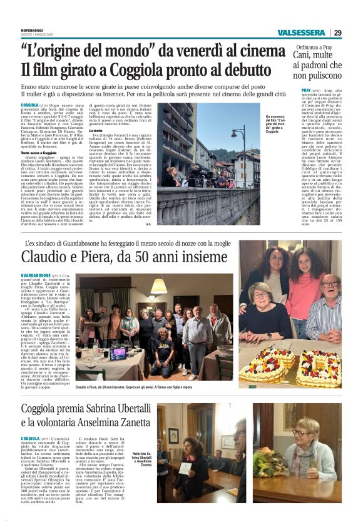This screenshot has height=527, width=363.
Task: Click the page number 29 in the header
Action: click(x=337, y=33)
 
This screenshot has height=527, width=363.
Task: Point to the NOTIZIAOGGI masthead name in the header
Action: click(x=31, y=29)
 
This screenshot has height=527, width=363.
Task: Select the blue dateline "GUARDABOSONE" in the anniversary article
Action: click(x=36, y=275)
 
